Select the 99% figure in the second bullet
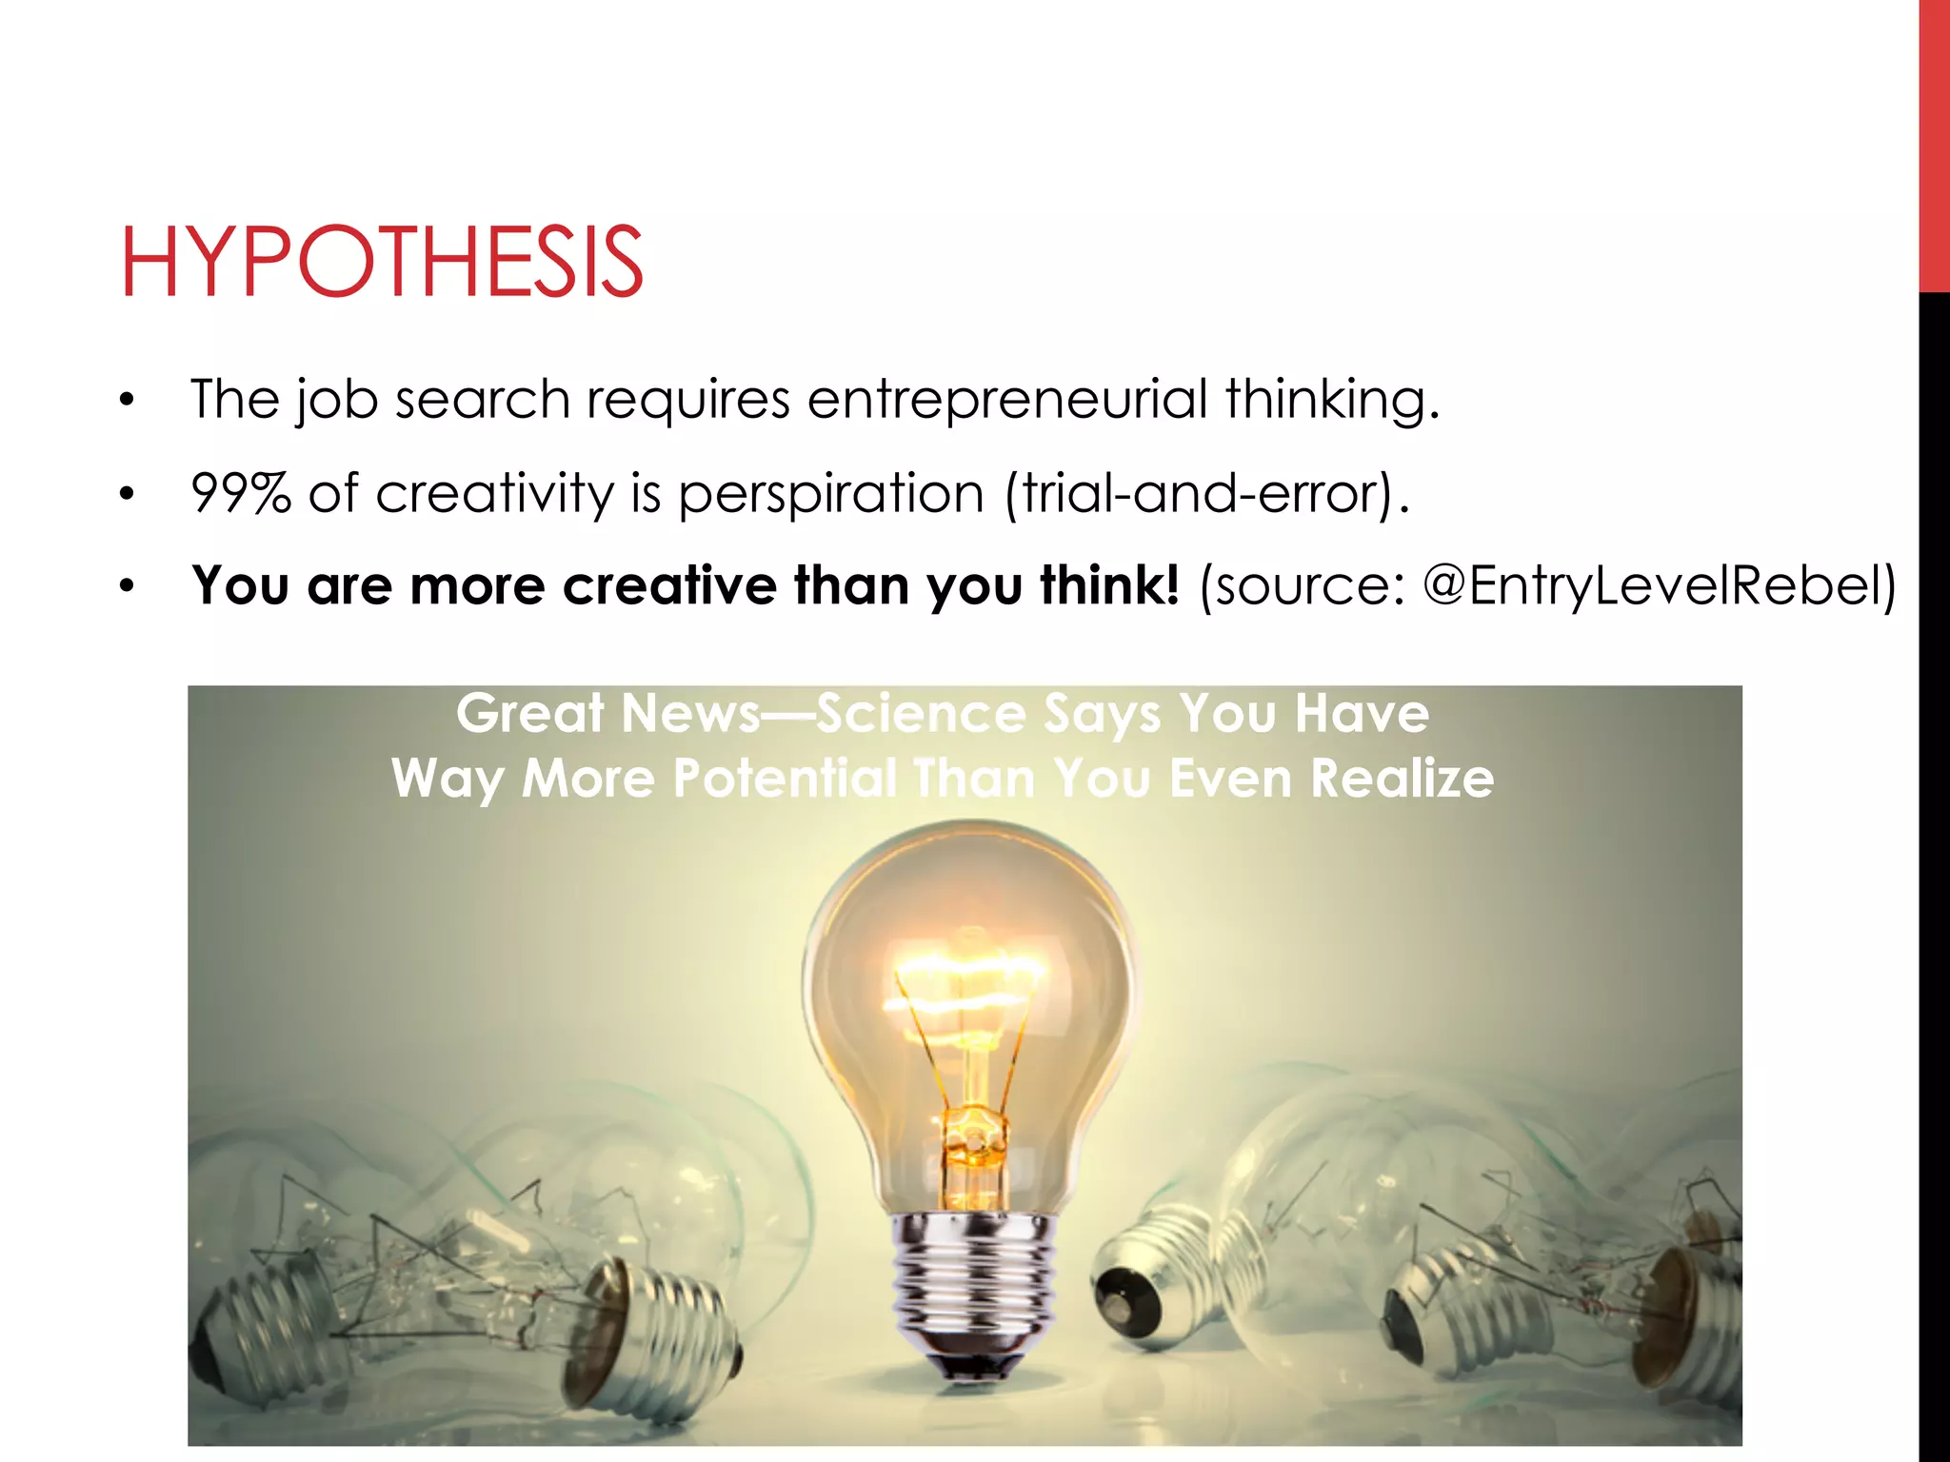pyautogui.click(x=241, y=493)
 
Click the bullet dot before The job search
pyautogui.click(x=128, y=401)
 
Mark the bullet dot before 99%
pyautogui.click(x=128, y=494)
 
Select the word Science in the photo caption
pyautogui.click(x=921, y=714)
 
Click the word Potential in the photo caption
pyautogui.click(x=785, y=779)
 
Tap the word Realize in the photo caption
pyautogui.click(x=1402, y=779)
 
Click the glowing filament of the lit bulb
pyautogui.click(x=966, y=980)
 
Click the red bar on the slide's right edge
pyautogui.click(x=1934, y=143)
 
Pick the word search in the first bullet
pyautogui.click(x=482, y=399)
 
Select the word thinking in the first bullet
pyautogui.click(x=1330, y=399)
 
